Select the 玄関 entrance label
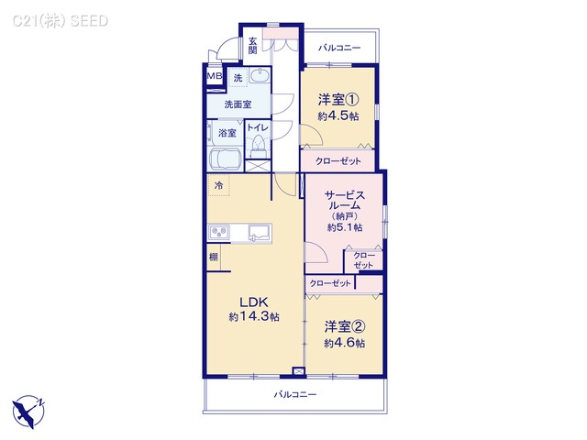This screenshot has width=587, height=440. point(253,44)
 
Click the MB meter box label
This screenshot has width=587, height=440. point(214,77)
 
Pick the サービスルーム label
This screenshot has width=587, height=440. point(346,201)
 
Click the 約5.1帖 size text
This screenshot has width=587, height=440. point(346,226)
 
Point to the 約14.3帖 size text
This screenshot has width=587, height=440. point(254,316)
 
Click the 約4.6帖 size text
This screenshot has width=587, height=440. point(344,343)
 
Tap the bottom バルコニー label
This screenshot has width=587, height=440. point(294,394)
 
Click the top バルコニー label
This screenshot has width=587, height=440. point(339,47)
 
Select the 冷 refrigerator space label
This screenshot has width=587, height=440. point(218,186)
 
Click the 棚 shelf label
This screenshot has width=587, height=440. point(213,257)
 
